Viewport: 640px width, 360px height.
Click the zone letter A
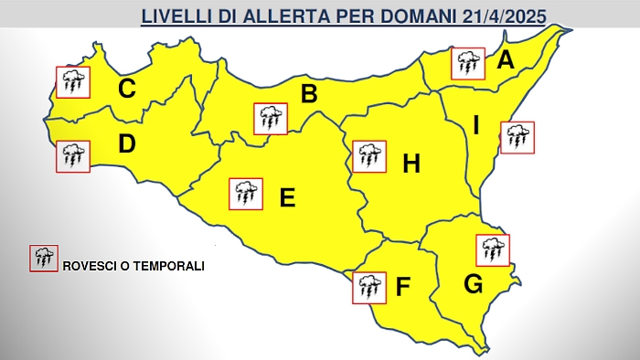click(x=505, y=62)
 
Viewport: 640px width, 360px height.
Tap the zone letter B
click(x=309, y=93)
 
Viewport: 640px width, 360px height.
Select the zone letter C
click(x=127, y=89)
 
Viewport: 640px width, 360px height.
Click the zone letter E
click(x=287, y=196)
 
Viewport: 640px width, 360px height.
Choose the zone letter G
click(x=473, y=285)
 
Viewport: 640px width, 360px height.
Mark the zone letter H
click(x=411, y=164)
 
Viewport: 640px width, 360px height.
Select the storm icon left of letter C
click(x=72, y=82)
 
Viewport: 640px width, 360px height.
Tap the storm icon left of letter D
click(x=72, y=155)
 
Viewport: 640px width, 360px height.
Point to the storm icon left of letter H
click(x=368, y=156)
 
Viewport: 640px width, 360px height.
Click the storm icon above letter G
click(x=493, y=249)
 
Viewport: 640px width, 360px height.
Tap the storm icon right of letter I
click(x=517, y=137)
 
